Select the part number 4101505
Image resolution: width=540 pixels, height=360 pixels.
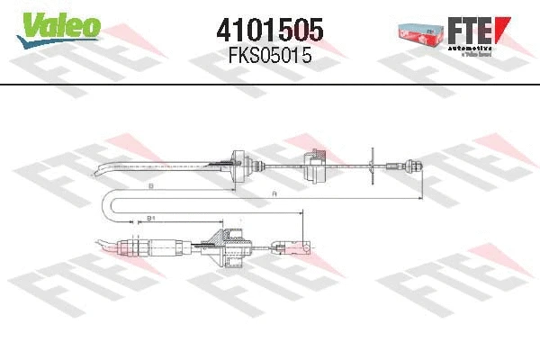click(x=270, y=29)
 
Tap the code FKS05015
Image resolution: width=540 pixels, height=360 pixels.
click(x=270, y=56)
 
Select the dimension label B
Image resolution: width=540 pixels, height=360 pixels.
click(x=151, y=185)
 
